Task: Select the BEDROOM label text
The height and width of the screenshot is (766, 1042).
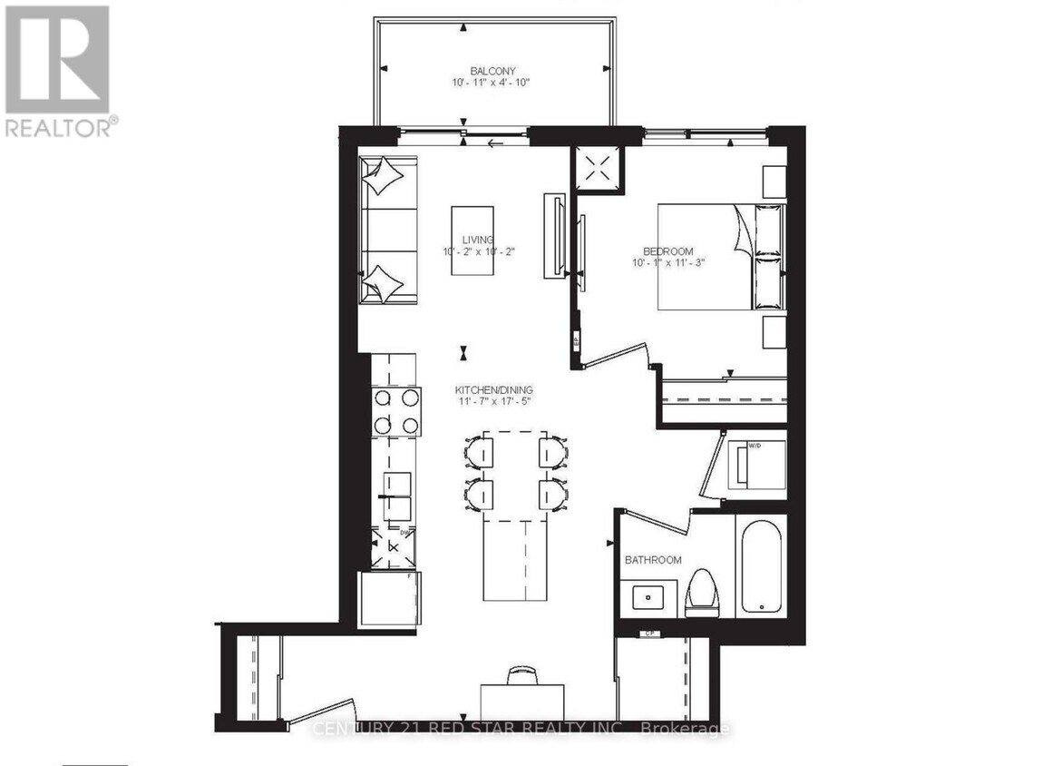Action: (x=667, y=251)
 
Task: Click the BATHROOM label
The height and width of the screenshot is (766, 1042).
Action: (x=652, y=560)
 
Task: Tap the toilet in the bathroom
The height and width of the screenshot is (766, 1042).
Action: (x=702, y=593)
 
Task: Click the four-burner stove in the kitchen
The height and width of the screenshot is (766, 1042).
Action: (x=396, y=411)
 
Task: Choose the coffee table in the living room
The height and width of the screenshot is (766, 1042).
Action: (x=472, y=241)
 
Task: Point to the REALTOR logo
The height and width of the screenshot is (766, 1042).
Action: (x=58, y=71)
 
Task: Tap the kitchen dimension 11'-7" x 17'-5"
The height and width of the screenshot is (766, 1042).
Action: (x=493, y=403)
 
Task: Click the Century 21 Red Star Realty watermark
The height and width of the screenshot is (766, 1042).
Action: (x=521, y=728)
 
